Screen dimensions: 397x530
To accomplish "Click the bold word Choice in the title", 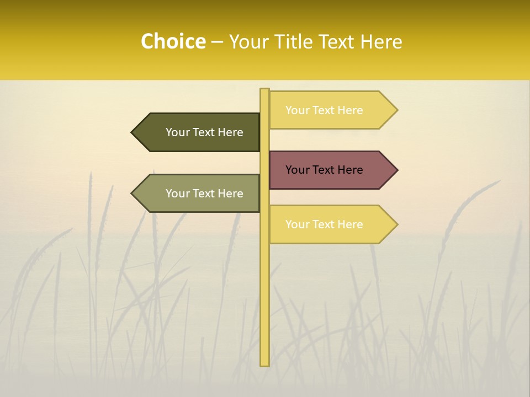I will click(x=173, y=41).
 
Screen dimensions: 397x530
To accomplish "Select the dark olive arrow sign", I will click(x=199, y=132).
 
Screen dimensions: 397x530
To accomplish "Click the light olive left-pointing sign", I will click(x=199, y=194).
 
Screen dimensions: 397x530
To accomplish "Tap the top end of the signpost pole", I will click(x=264, y=90).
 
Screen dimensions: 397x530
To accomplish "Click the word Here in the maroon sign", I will click(x=350, y=170).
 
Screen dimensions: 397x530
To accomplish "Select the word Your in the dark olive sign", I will click(x=177, y=132).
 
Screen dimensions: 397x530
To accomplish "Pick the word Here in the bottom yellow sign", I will click(x=350, y=224).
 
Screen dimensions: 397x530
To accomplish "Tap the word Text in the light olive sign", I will click(x=204, y=194).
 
